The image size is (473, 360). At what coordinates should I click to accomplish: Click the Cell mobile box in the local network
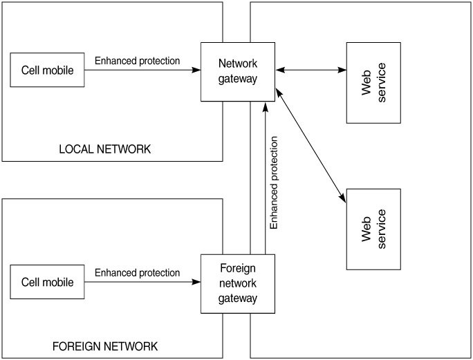point(47,70)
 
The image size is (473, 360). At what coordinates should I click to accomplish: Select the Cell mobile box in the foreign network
point(47,282)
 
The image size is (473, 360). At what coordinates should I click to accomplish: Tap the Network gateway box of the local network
point(237,70)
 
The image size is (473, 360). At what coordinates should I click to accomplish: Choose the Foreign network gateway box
point(237,284)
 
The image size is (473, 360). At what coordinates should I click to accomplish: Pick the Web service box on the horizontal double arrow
point(373,83)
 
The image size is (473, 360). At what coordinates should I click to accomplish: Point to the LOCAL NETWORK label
point(104,150)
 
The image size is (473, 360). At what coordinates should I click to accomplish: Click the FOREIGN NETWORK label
point(105,345)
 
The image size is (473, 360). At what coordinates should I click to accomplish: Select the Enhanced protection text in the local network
point(137,61)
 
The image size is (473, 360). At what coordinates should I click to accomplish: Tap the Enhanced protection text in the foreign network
point(137,273)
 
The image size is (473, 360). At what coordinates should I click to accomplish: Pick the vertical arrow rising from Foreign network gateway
point(264,180)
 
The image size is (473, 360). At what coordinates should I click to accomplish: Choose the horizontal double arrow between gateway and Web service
point(311,70)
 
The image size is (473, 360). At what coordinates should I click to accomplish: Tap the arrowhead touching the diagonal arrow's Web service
point(344,200)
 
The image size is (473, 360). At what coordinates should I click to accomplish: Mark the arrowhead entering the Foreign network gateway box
point(196,282)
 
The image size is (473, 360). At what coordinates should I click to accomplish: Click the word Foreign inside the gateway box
point(237,269)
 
